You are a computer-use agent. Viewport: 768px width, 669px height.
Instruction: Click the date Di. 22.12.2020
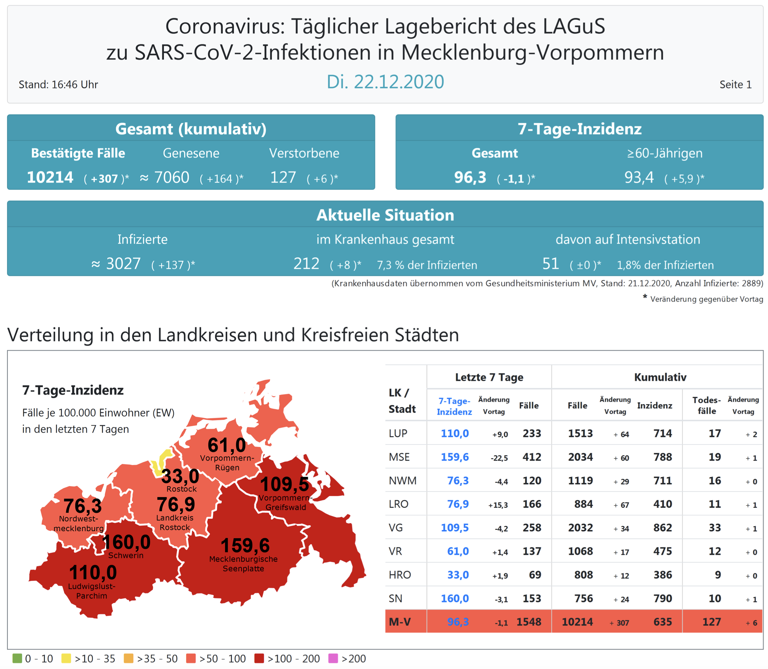385,82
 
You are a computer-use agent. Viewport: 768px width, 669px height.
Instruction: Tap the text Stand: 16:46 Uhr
58,85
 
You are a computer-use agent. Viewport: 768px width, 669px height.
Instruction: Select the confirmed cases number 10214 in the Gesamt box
50,177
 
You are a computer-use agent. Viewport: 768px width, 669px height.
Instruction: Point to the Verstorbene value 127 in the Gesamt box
283,177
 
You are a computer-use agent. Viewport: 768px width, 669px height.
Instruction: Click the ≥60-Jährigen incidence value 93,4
639,177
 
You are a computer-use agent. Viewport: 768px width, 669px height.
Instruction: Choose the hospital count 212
306,264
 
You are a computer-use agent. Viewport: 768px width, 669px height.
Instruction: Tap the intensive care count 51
550,264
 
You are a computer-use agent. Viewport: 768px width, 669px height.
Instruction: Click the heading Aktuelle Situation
385,215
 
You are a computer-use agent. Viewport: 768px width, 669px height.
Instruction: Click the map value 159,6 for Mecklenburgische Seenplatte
245,545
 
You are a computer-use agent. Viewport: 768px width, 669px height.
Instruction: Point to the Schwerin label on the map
126,556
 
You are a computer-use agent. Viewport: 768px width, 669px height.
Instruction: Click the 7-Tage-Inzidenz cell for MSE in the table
454,457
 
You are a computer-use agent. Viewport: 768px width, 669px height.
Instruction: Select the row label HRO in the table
400,575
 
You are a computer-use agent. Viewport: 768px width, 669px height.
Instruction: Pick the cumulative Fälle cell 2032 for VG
580,528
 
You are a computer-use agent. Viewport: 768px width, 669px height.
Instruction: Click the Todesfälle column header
706,406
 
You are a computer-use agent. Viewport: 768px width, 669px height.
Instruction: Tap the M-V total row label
400,622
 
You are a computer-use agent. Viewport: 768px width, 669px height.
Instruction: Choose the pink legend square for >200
333,659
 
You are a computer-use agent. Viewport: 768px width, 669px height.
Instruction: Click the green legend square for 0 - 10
17,659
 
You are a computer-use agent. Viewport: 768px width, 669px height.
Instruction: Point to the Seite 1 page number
735,85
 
